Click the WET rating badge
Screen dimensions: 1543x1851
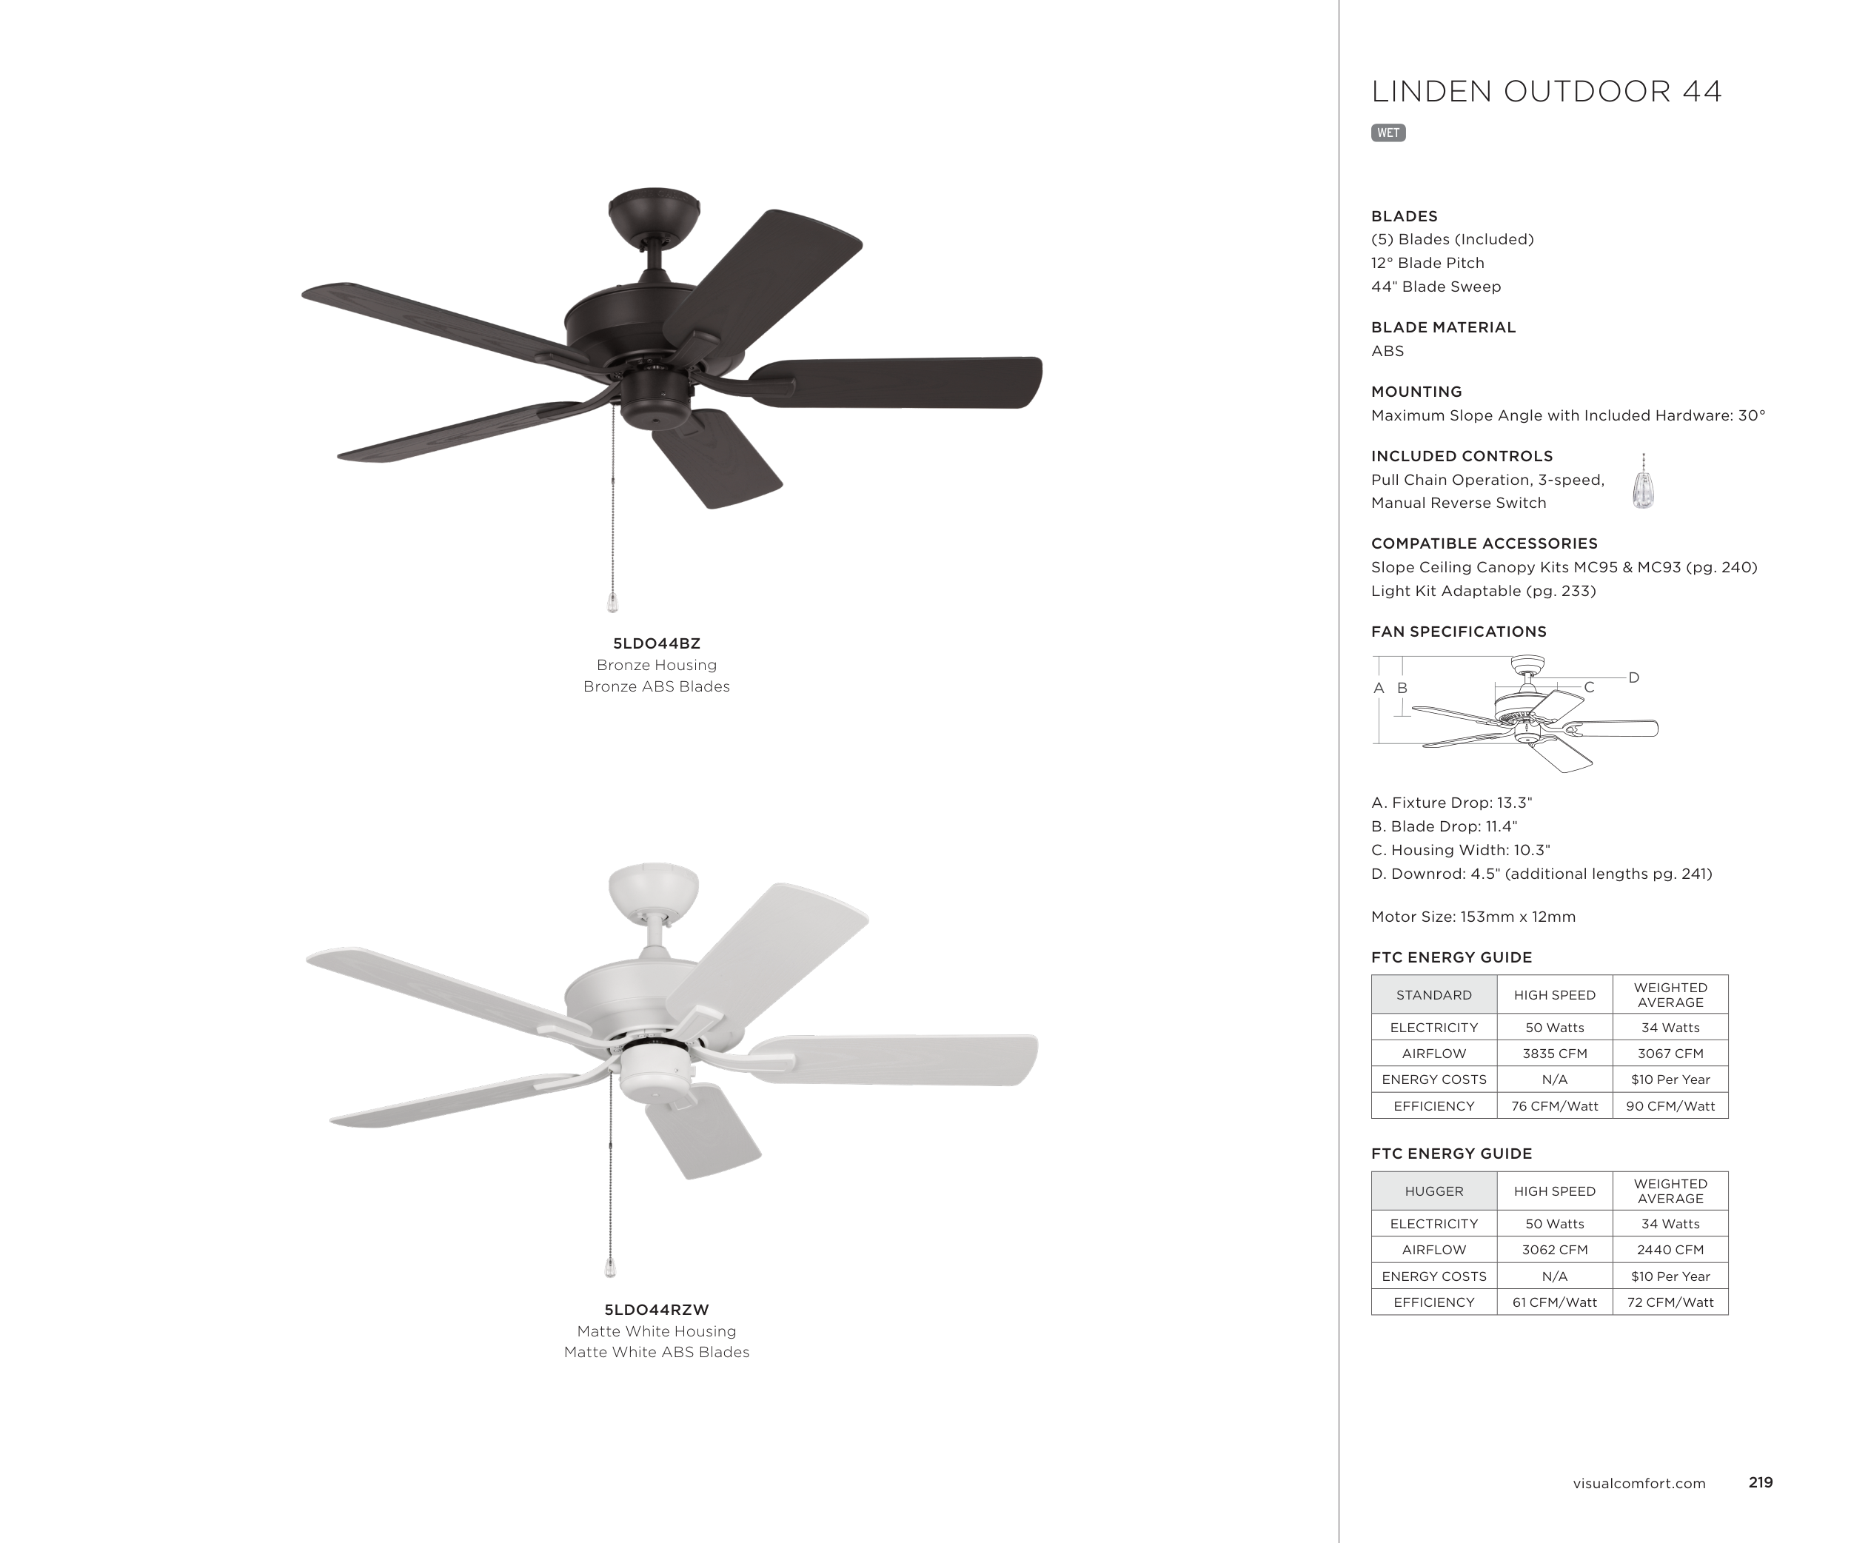[x=1388, y=133]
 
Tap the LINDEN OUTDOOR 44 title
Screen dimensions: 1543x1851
[x=1546, y=92]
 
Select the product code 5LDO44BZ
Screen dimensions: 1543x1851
[x=657, y=643]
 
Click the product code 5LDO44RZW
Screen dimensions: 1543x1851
[x=657, y=1310]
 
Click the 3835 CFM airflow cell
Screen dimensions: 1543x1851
[x=1554, y=1053]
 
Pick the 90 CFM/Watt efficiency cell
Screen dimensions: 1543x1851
[x=1670, y=1106]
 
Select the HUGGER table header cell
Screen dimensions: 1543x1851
[x=1433, y=1191]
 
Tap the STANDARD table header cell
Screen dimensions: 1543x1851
[x=1433, y=995]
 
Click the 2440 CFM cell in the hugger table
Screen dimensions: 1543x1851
[x=1670, y=1250]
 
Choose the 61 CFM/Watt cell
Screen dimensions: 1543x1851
[x=1554, y=1302]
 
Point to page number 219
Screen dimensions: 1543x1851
[x=1760, y=1482]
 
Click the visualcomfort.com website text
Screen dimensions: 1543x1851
[x=1639, y=1483]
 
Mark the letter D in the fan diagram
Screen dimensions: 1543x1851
[x=1633, y=677]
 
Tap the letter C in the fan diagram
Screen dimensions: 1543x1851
[x=1588, y=687]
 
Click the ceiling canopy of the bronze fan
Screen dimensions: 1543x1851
[x=653, y=212]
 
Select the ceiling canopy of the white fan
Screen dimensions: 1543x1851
[x=653, y=888]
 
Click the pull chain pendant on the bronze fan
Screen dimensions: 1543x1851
[x=612, y=603]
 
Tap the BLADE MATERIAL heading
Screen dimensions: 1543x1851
[x=1443, y=327]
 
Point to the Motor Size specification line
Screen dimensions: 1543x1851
[x=1473, y=917]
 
